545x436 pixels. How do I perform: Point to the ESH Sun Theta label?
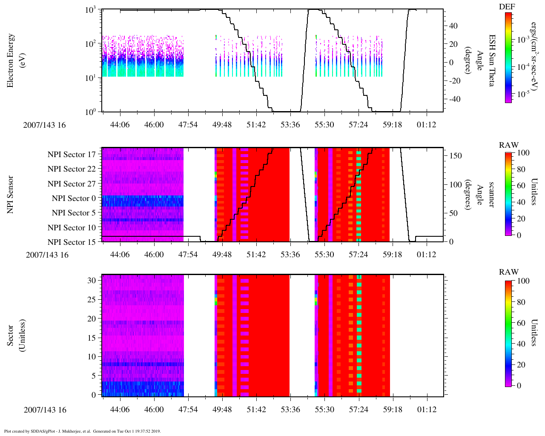tap(491, 60)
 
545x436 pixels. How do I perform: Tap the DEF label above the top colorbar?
tap(507, 6)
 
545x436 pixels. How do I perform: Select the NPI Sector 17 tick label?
tap(72, 155)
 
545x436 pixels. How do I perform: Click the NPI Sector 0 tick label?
tap(74, 198)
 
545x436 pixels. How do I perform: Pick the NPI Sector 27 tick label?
tap(72, 184)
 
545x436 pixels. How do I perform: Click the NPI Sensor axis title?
tap(10, 195)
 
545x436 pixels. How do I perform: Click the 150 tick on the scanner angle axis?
tap(456, 156)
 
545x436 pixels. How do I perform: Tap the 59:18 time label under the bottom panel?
tap(393, 410)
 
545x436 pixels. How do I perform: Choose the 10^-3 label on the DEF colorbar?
tap(523, 40)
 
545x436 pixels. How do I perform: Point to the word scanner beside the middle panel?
tap(491, 195)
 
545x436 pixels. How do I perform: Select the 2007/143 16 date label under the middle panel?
tap(47, 255)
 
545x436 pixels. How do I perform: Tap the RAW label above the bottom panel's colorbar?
tap(509, 272)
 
